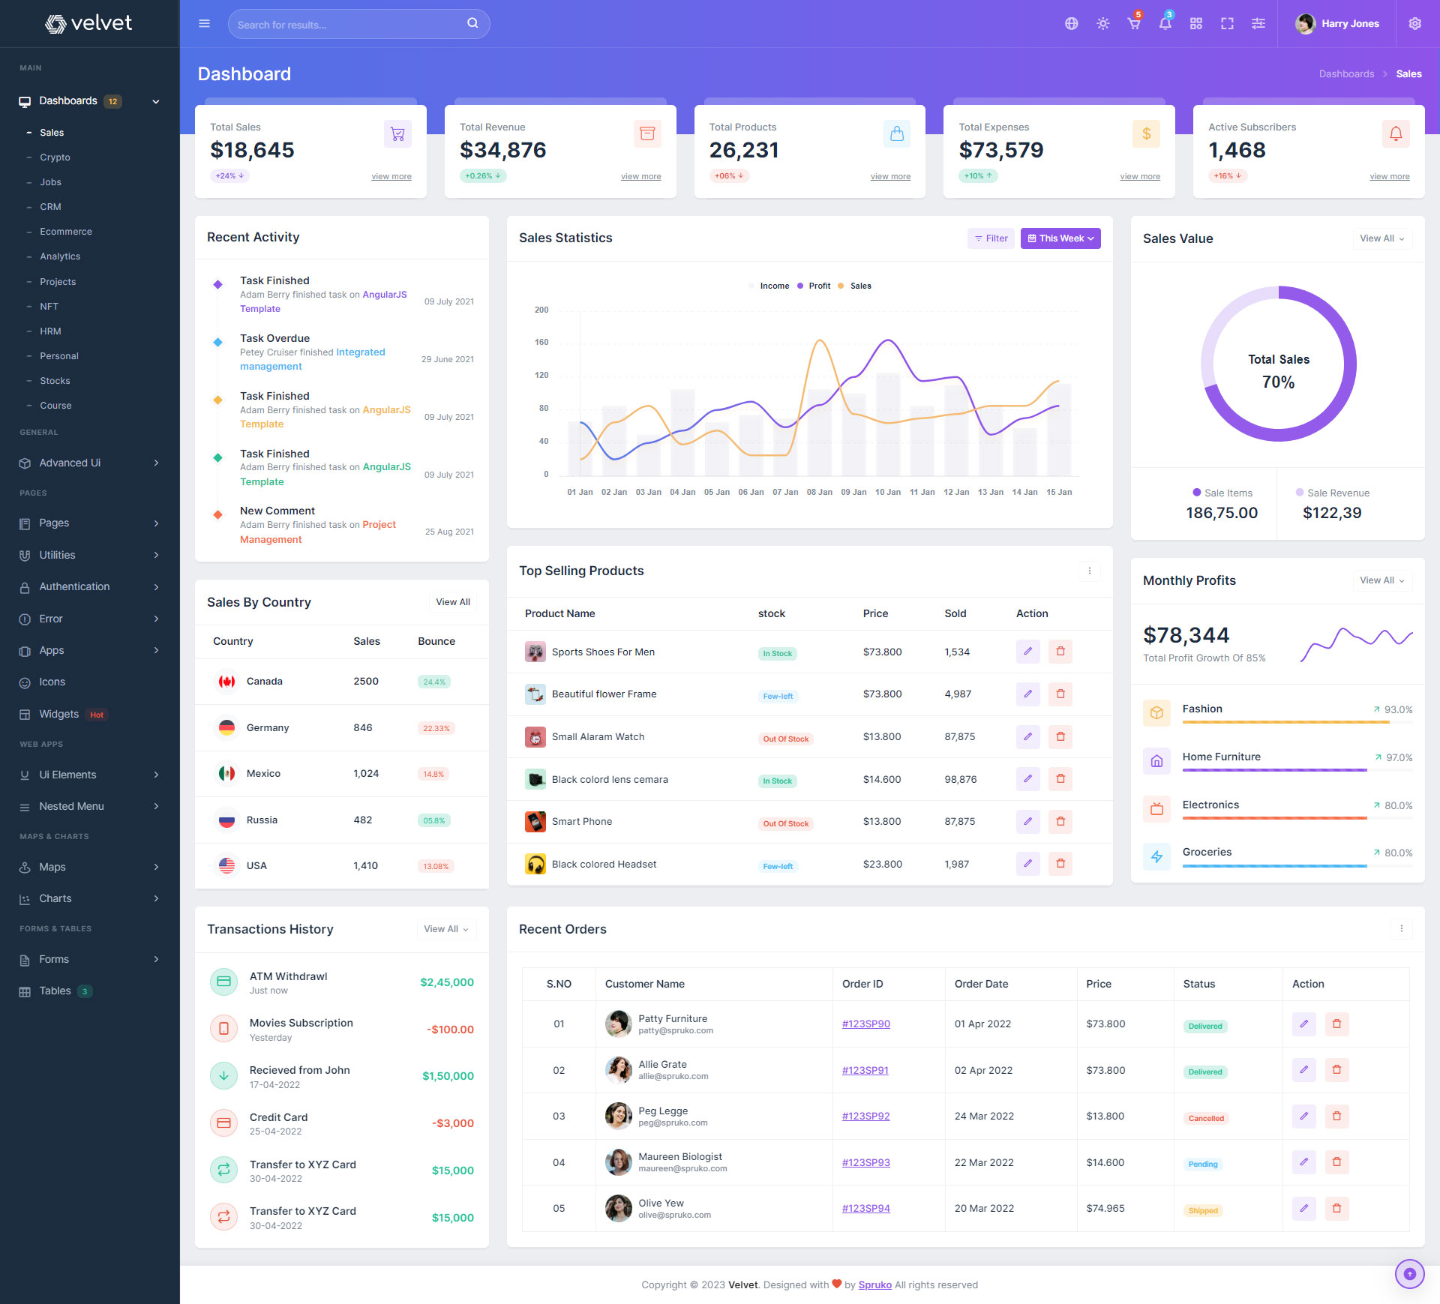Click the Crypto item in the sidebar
55,157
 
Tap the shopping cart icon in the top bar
1133,24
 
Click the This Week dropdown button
1060,238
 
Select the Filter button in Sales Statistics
991,238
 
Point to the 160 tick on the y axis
541,343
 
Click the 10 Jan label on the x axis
887,493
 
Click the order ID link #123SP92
865,1117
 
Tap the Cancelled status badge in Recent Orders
1205,1119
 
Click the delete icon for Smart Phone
1060,822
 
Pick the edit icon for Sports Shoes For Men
1027,652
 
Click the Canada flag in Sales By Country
226,682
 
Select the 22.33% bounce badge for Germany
436,729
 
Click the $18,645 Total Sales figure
252,151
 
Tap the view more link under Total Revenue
640,177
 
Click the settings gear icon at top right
1414,24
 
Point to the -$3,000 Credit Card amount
452,1123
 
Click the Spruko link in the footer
874,1285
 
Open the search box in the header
349,25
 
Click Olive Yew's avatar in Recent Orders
618,1209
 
